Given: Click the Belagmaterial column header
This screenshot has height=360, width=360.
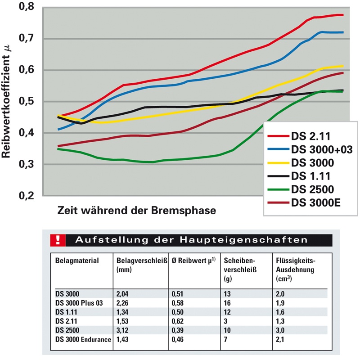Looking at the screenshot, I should click(x=77, y=261).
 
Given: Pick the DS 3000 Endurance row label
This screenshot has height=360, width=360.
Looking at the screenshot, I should click(x=83, y=338).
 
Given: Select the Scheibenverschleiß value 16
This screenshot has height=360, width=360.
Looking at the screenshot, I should click(x=228, y=303).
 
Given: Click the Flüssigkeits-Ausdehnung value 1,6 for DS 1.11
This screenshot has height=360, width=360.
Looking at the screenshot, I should click(x=280, y=312).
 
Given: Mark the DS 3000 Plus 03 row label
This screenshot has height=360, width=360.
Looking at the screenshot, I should click(x=79, y=303).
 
